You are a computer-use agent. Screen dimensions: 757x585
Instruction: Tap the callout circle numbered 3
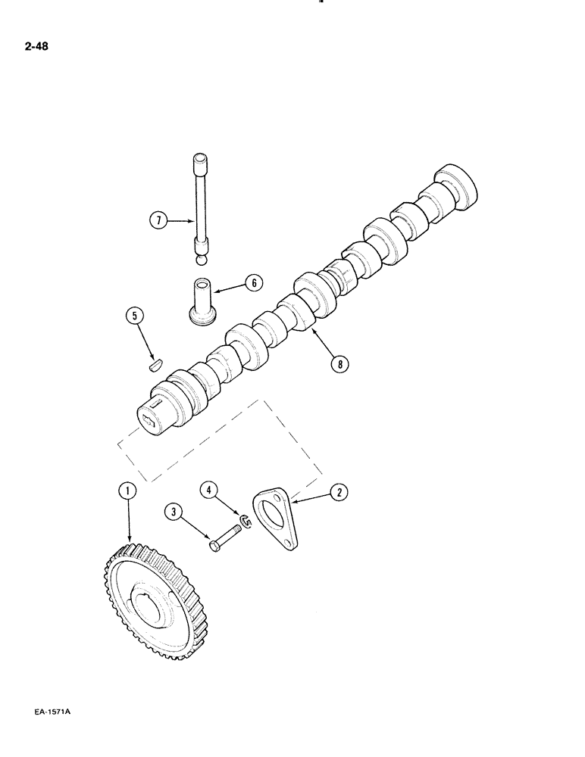point(176,514)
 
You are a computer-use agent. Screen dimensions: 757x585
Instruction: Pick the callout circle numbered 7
point(158,221)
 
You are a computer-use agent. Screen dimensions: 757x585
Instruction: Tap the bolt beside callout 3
point(225,540)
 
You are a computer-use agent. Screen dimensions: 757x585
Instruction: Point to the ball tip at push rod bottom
point(200,260)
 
